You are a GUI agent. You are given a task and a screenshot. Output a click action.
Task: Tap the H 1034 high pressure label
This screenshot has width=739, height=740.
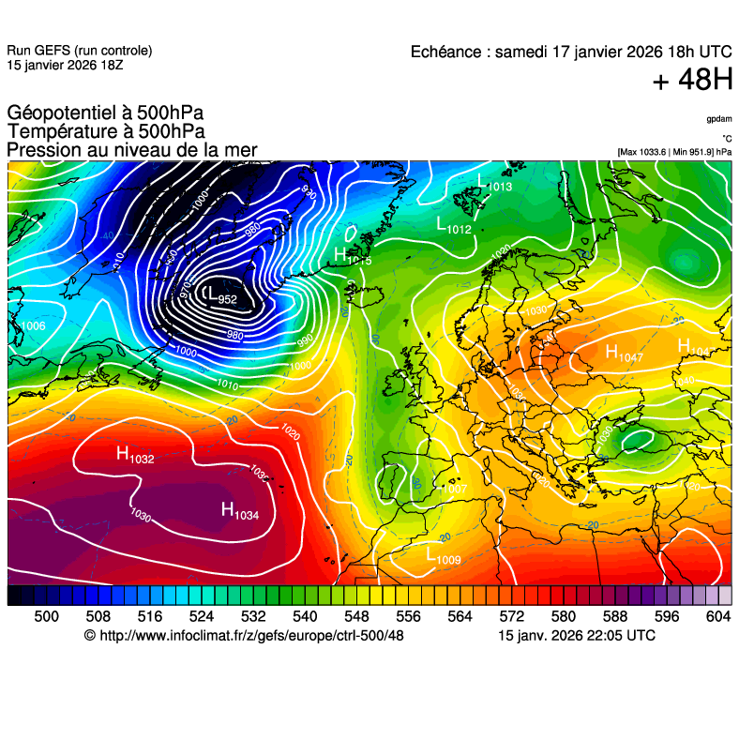239,510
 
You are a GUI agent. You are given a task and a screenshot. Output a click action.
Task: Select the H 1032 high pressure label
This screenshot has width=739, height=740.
134,455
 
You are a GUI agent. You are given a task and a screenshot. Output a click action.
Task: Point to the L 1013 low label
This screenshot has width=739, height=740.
494,184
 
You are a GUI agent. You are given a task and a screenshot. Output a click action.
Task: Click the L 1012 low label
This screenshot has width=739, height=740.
454,225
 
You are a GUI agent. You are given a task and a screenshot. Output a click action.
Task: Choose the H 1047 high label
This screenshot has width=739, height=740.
624,354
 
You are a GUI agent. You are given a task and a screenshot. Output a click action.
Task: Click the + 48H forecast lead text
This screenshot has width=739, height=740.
692,81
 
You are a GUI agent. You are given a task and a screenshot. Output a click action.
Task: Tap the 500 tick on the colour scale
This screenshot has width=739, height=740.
46,615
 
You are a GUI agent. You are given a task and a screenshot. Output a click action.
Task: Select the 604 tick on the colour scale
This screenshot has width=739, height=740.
717,615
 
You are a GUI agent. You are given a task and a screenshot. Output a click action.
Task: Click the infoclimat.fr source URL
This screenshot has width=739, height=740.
243,635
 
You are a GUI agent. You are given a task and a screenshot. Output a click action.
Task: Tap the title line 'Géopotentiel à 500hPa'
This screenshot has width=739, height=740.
105,114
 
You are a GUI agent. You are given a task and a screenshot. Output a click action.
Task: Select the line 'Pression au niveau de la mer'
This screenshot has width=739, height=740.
131,150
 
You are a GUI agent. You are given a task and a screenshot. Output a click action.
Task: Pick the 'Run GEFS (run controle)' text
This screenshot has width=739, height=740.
79,51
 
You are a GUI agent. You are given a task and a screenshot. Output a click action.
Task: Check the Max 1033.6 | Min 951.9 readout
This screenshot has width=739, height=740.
674,152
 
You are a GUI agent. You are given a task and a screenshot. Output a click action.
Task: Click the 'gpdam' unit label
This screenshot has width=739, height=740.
719,119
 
